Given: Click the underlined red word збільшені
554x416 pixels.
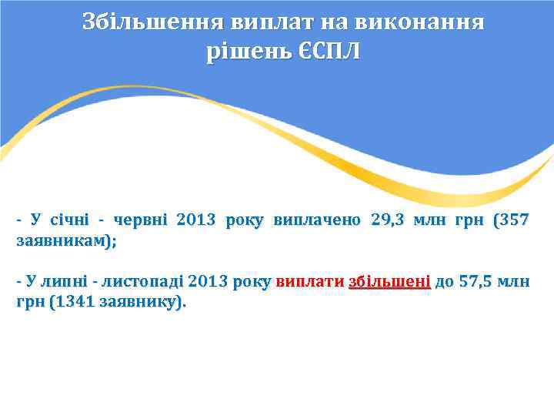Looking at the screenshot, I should click(389, 281).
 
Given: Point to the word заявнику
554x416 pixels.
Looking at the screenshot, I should click(141, 303).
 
